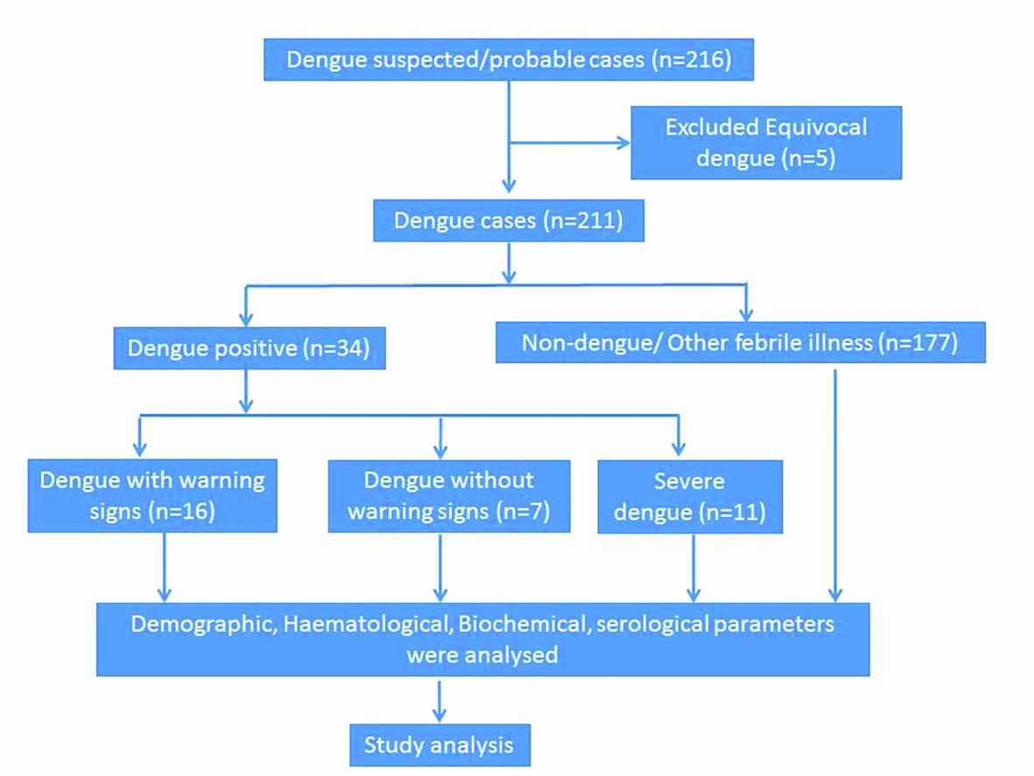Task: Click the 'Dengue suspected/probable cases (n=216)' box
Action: tap(509, 59)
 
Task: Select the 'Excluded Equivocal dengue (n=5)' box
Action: tap(765, 142)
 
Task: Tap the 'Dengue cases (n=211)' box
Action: tap(508, 220)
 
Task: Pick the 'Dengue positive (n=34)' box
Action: tap(249, 347)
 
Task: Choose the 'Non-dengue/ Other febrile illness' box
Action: tap(740, 341)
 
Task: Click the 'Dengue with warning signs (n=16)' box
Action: tap(152, 495)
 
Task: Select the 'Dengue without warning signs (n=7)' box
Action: tap(448, 495)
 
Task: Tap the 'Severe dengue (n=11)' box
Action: tap(689, 495)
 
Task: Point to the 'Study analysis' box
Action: tap(439, 745)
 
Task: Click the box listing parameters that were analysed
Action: tap(482, 639)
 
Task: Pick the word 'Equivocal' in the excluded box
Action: tap(820, 127)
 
